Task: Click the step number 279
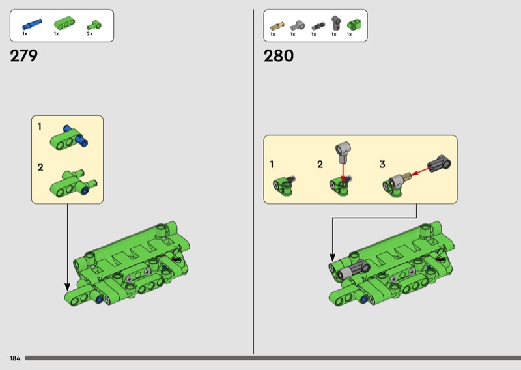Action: (23, 56)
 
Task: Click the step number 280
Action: (279, 56)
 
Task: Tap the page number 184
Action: (15, 358)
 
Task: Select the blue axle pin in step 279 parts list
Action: (32, 24)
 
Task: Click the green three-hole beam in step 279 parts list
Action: (64, 23)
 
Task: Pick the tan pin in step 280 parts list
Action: (277, 26)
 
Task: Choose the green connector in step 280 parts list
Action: (354, 25)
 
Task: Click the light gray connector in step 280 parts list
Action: (298, 25)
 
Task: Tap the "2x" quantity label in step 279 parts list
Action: (90, 34)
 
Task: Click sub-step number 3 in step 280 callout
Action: (382, 164)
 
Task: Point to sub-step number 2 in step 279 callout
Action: (40, 167)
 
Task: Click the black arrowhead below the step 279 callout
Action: (68, 287)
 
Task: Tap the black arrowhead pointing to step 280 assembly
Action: (332, 257)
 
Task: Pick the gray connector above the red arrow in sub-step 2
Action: (343, 151)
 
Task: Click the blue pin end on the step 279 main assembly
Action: (99, 300)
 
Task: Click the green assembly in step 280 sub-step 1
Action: (284, 186)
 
